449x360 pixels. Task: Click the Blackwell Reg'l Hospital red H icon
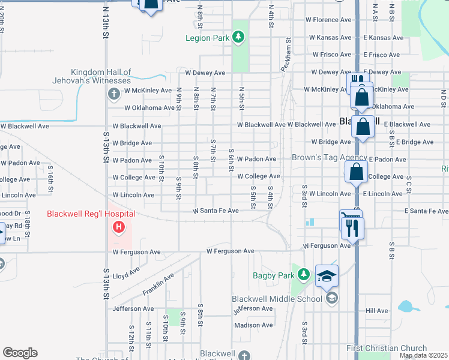pos(119,227)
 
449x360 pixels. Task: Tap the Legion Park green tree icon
pos(239,38)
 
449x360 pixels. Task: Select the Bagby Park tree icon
pos(304,275)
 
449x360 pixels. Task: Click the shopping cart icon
pos(349,217)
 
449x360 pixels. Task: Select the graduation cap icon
pos(327,275)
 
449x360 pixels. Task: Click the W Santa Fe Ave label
pos(215,211)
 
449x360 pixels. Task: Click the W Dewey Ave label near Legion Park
pos(205,73)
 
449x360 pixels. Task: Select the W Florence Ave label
pos(328,20)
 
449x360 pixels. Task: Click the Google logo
pos(20,353)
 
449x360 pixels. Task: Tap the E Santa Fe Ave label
pos(426,211)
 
